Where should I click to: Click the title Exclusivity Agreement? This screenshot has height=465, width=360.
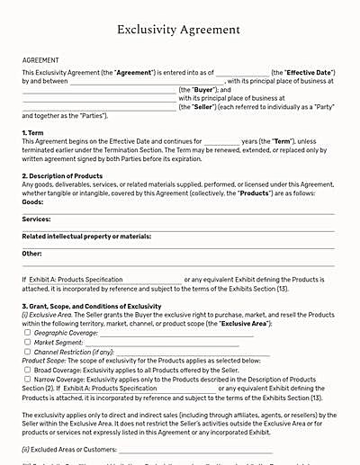[179, 30]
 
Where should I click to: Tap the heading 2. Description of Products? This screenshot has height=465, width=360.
[67, 175]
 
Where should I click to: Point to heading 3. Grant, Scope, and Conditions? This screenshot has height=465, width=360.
[92, 307]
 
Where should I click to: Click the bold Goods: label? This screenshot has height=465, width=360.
[33, 203]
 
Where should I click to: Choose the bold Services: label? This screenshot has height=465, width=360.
[37, 219]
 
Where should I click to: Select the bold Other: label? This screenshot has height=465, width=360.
[31, 254]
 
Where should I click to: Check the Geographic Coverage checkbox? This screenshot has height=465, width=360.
[28, 334]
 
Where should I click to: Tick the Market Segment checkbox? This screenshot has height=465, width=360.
[28, 343]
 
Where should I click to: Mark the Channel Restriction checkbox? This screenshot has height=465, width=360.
[28, 352]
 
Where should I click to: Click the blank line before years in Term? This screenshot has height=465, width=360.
[221, 142]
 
